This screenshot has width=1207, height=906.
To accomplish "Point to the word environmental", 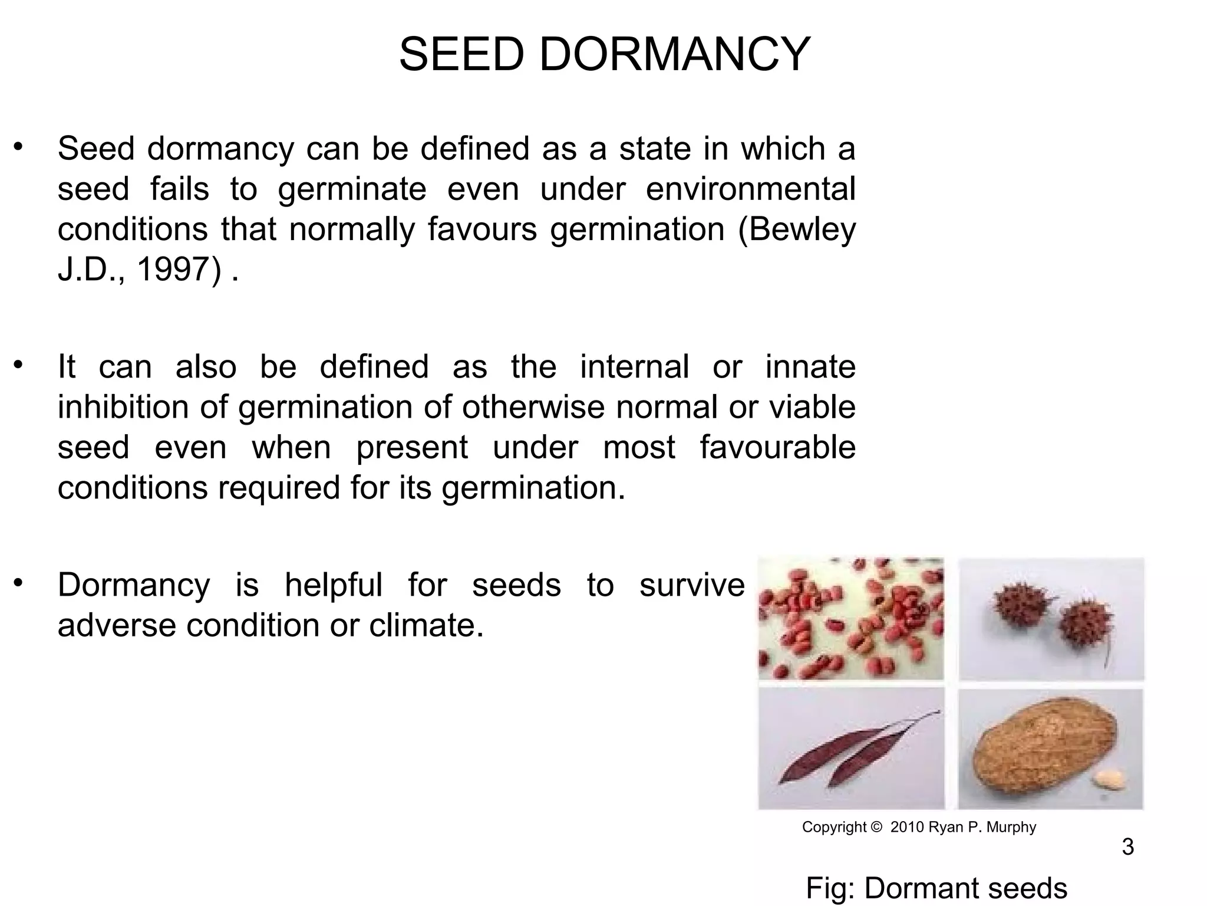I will pyautogui.click(x=750, y=189).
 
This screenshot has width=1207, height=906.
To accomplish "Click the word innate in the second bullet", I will pyautogui.click(x=810, y=366).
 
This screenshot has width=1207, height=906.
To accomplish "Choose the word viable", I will pyautogui.click(x=813, y=407).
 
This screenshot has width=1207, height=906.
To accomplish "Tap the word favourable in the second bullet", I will pyautogui.click(x=777, y=447).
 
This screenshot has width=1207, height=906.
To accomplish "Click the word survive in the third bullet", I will pyautogui.click(x=692, y=585).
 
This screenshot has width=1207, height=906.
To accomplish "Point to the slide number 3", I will pyautogui.click(x=1127, y=847).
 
